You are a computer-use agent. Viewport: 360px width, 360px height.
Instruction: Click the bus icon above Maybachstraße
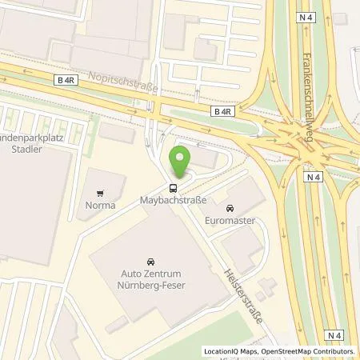point(172,188)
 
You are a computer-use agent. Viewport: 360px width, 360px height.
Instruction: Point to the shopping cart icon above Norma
point(100,193)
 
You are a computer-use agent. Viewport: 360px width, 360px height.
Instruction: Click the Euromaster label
point(230,219)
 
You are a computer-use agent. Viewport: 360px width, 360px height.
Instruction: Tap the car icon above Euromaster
point(230,208)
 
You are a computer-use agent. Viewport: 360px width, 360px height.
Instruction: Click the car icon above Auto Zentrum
point(150,262)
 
